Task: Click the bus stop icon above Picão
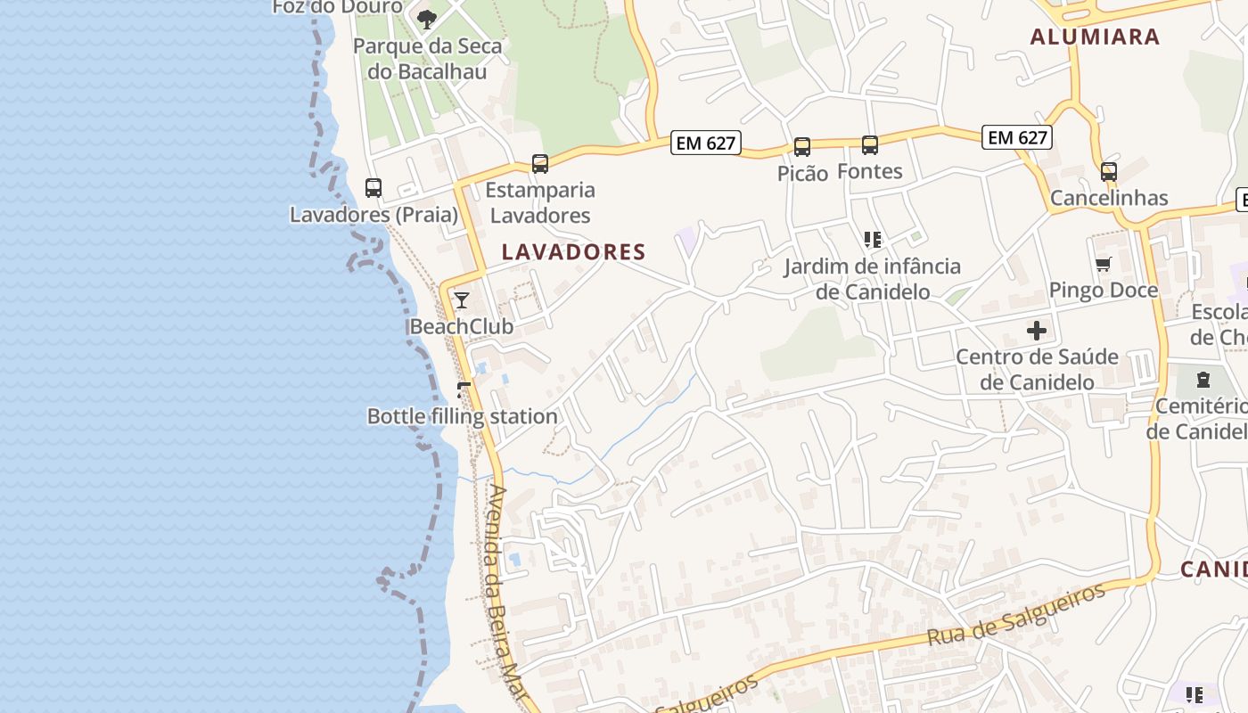point(802,147)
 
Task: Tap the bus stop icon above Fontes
point(870,144)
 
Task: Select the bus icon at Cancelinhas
point(1109,171)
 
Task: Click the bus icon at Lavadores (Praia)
point(374,188)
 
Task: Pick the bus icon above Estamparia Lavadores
point(540,163)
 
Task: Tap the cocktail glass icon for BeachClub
point(462,299)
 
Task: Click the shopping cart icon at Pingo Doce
point(1104,264)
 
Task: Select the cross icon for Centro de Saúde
point(1037,331)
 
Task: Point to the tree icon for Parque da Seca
point(428,19)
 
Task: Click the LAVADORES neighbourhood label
point(573,252)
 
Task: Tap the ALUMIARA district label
point(1095,37)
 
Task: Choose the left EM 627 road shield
point(706,143)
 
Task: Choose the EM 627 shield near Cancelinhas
point(1017,137)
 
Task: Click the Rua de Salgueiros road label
point(1016,614)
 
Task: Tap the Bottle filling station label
point(463,416)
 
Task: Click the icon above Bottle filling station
point(464,389)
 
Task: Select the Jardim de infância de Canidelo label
point(873,279)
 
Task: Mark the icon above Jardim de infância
point(872,239)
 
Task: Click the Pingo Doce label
point(1104,290)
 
